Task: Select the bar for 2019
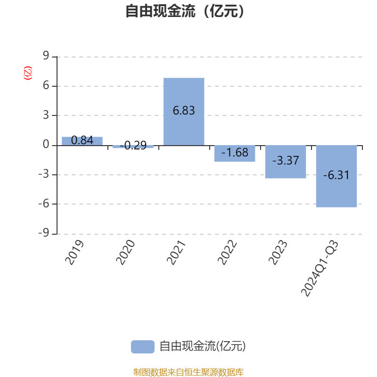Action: [x=82, y=141]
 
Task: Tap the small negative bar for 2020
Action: [x=133, y=147]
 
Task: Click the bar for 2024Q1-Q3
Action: [x=336, y=176]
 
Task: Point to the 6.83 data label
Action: [x=184, y=111]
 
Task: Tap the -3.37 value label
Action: [x=286, y=161]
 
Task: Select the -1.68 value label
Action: [x=235, y=153]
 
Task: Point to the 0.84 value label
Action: [x=82, y=140]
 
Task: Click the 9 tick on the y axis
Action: [x=46, y=57]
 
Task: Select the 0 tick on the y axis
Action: [x=46, y=145]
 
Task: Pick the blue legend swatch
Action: [x=142, y=346]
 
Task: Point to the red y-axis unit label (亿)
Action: [x=28, y=73]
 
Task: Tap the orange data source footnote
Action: [x=188, y=372]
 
